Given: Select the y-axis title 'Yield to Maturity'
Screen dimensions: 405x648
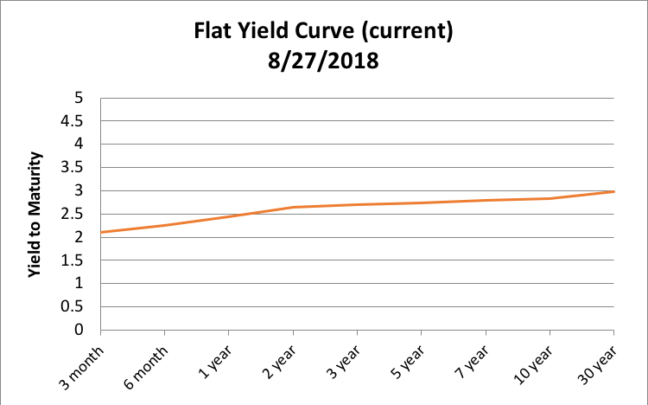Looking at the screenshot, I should point(35,214).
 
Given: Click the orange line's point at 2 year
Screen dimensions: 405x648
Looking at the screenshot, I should point(293,207).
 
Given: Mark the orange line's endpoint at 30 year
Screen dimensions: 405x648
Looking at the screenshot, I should point(613,191).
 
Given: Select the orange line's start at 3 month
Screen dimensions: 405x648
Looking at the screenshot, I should point(101,232).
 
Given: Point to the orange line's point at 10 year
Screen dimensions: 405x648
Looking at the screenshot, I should point(550,198).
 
